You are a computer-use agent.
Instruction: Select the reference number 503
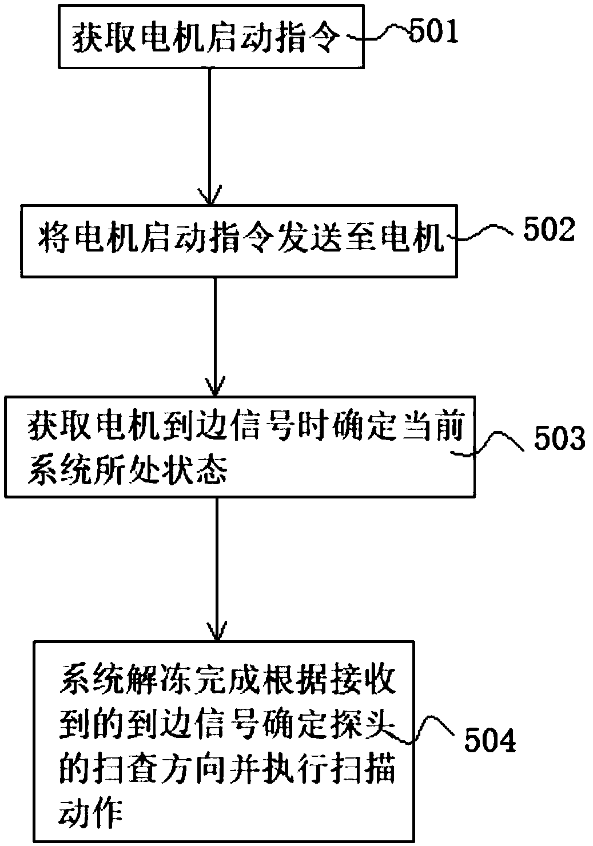click(x=560, y=439)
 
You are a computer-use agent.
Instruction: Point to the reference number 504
click(x=490, y=741)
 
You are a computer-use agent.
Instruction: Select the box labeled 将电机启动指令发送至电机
click(x=238, y=240)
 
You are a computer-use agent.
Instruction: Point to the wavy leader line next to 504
click(x=433, y=726)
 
